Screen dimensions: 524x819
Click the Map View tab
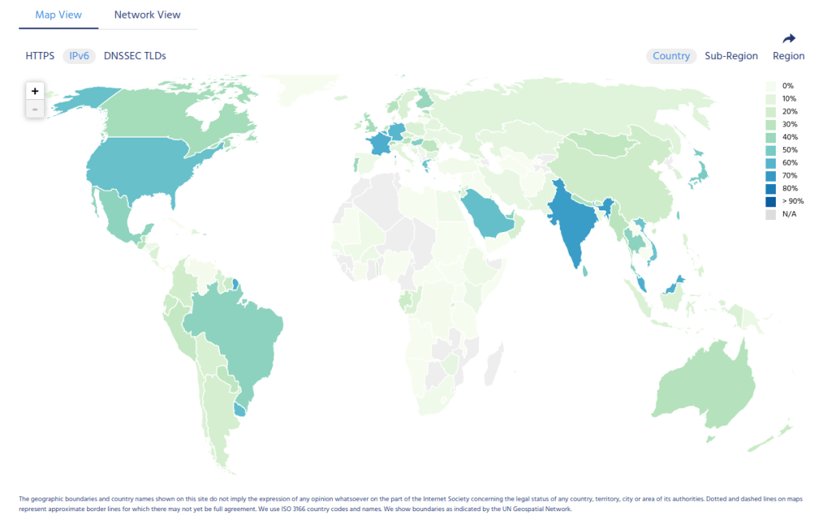click(58, 14)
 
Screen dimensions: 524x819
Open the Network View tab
click(147, 14)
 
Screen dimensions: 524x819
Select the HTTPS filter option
click(40, 56)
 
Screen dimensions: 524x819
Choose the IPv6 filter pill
click(79, 56)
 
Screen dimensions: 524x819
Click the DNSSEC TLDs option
click(135, 56)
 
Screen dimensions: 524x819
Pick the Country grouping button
click(671, 56)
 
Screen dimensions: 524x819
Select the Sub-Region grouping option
click(731, 56)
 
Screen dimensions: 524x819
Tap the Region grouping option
click(789, 56)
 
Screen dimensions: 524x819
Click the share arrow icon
click(789, 38)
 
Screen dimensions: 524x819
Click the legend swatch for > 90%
click(770, 201)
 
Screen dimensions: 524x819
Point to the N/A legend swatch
click(770, 214)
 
